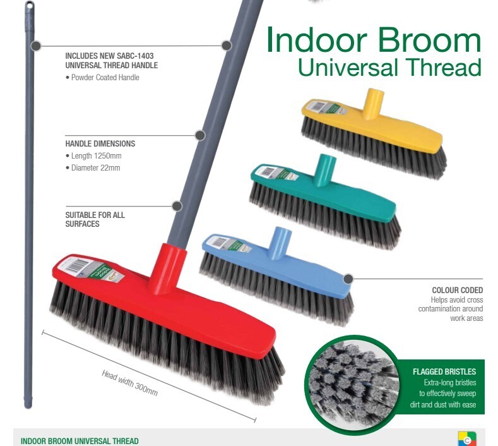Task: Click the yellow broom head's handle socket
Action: point(373,104)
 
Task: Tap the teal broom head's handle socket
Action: point(324,170)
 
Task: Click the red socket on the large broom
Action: point(169,268)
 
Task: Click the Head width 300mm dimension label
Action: point(129,383)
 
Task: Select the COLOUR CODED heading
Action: point(458,290)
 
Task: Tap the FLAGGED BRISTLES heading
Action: point(444,371)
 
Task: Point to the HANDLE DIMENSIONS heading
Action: point(100,143)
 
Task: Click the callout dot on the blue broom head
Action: point(348,279)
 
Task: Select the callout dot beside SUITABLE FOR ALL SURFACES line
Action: point(177,206)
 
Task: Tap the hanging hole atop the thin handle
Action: point(30,6)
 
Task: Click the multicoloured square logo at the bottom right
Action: point(467,438)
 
